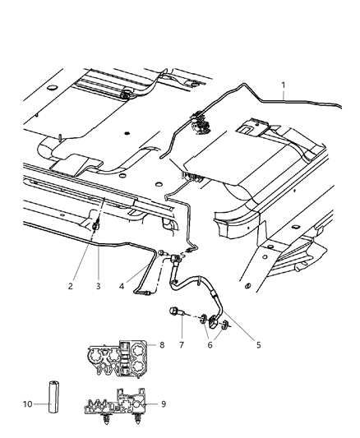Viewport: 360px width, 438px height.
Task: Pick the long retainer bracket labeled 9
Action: (x=120, y=407)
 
